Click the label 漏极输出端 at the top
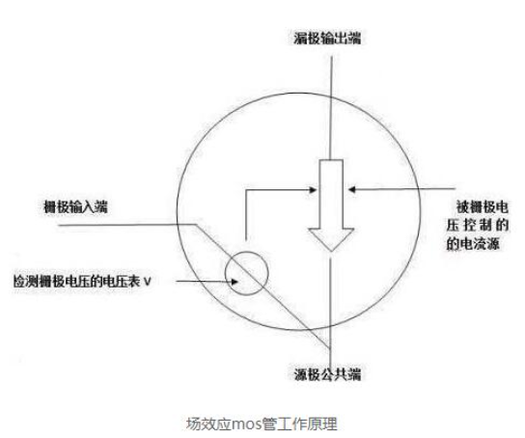click(327, 38)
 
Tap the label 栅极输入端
click(76, 206)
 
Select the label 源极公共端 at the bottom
click(327, 373)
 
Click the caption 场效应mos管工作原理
click(262, 424)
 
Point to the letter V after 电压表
click(147, 282)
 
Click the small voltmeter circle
click(225, 273)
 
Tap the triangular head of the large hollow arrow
click(331, 240)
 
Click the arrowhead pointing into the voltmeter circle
click(235, 282)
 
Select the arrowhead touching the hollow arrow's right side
click(352, 189)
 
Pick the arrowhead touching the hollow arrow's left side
click(313, 190)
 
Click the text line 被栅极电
click(483, 207)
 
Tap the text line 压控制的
click(478, 225)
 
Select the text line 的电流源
click(473, 243)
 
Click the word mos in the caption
click(246, 424)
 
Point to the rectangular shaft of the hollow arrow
click(331, 195)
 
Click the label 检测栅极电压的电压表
click(76, 282)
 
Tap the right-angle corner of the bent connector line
click(246, 190)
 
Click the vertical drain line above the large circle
click(331, 75)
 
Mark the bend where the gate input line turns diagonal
click(195, 224)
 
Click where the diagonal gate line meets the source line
click(330, 348)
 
